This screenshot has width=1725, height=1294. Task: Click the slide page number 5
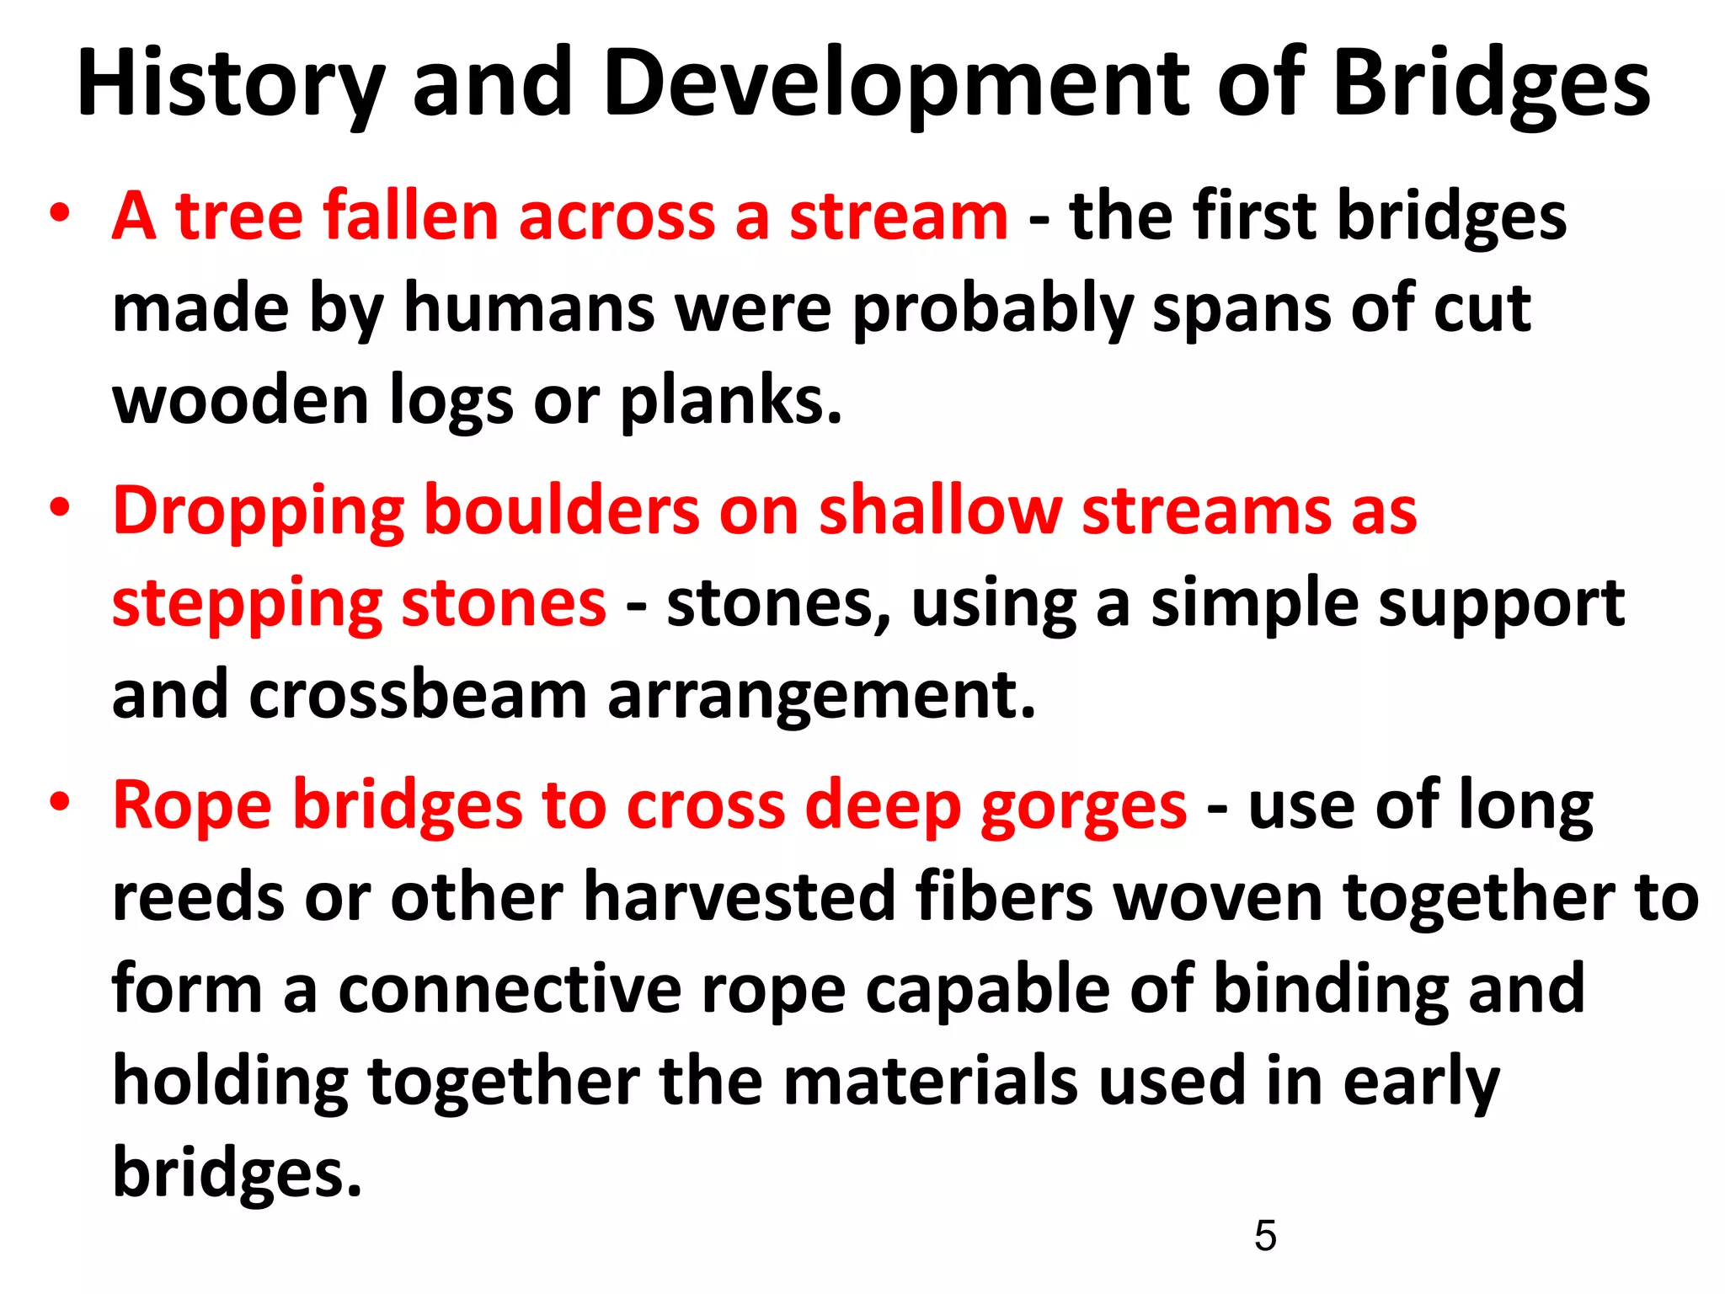(1264, 1236)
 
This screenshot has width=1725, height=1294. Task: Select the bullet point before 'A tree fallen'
(59, 214)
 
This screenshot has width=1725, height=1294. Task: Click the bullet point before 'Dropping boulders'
(59, 509)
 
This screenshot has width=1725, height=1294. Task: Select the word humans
(529, 308)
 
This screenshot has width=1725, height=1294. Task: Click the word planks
(730, 401)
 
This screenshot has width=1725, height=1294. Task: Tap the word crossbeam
(418, 696)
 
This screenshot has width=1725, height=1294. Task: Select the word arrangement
(821, 696)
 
